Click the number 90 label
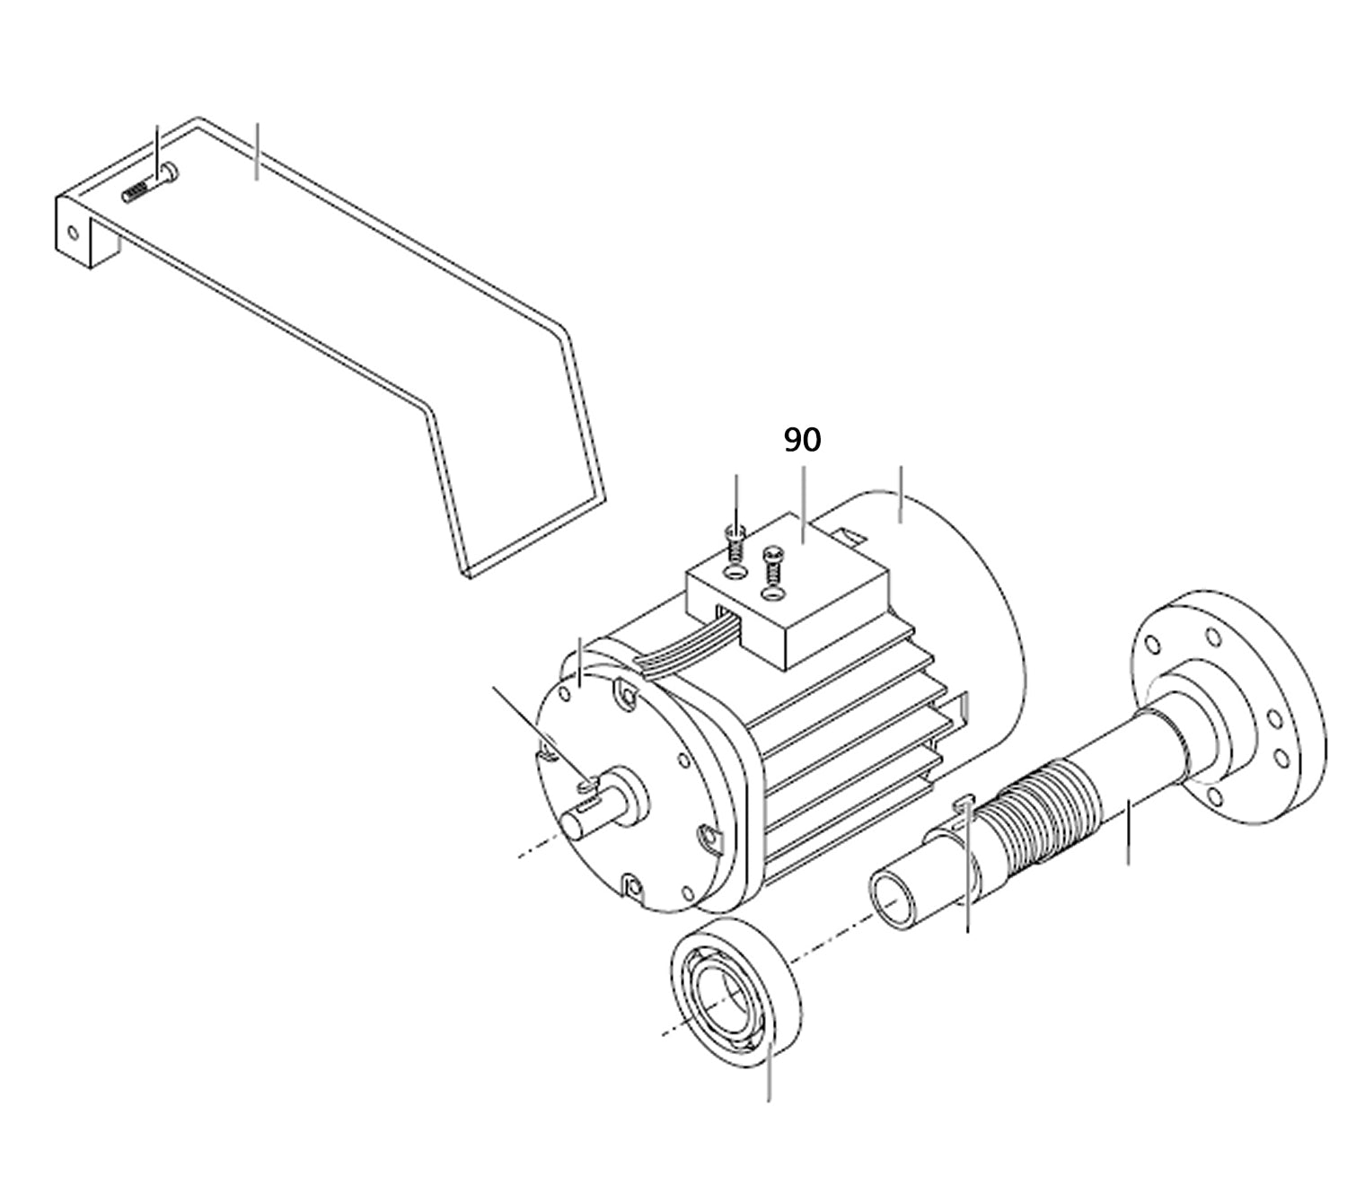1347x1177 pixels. tap(802, 440)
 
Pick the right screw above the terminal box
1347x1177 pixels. tap(770, 564)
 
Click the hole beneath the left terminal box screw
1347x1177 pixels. tap(735, 571)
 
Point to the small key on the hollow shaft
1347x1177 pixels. tap(963, 801)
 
